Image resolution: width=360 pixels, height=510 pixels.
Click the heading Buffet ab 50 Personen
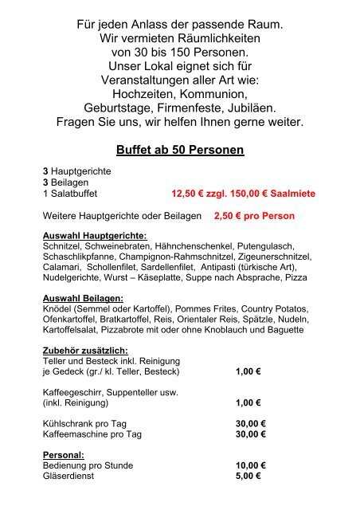coord(179,150)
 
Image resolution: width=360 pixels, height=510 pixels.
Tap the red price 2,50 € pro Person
coord(254,216)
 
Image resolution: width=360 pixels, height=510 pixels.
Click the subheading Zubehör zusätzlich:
coord(88,349)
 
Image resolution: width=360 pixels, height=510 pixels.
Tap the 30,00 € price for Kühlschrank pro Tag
coord(250,423)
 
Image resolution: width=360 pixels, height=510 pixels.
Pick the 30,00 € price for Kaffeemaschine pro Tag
coord(250,434)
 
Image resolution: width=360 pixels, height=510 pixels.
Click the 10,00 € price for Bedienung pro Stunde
coord(250,465)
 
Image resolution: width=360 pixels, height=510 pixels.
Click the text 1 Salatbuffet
coord(76,193)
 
